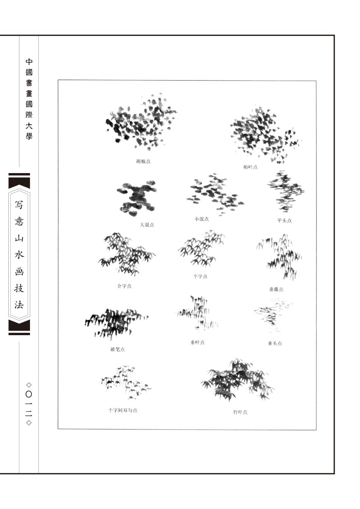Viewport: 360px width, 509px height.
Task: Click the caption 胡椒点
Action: tap(143, 161)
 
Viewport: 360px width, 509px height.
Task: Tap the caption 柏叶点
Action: tap(250, 167)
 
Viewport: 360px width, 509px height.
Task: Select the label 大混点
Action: tap(147, 225)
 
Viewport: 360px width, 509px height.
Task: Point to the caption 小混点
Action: tap(202, 219)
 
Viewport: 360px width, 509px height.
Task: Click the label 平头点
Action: tap(284, 220)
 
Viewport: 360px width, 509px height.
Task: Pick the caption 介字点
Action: tap(124, 286)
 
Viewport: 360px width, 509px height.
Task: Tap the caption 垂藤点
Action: tap(276, 289)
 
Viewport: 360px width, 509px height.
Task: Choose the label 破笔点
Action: tap(117, 349)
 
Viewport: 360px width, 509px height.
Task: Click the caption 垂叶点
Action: tap(197, 342)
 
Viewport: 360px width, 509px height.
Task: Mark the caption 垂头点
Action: tap(275, 343)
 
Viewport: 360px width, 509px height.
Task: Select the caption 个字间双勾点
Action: tap(123, 410)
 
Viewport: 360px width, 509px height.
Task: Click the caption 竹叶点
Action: tap(240, 412)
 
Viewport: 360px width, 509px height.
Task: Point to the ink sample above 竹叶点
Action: tap(238, 380)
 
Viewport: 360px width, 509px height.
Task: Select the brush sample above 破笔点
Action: tap(116, 323)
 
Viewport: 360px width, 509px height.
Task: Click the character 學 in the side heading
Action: tap(29, 136)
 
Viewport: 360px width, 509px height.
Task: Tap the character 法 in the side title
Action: tap(19, 304)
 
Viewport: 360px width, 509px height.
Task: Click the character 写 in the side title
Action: tap(19, 205)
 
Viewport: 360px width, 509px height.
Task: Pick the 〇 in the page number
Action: tap(29, 394)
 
